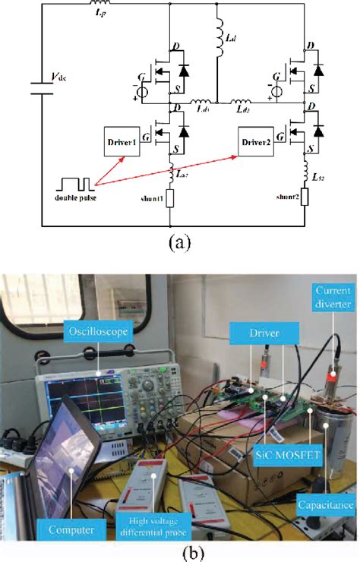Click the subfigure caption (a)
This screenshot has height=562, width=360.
(x=179, y=242)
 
